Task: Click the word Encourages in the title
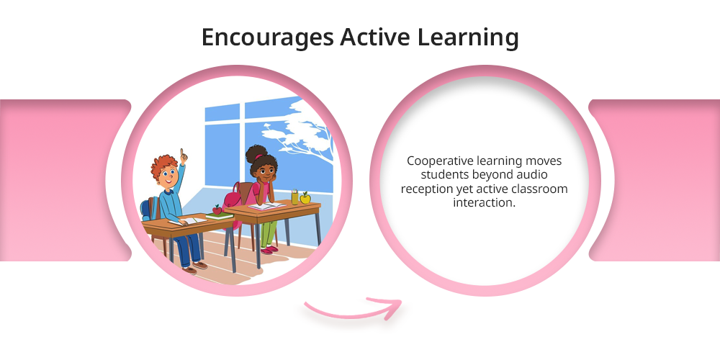coord(267,38)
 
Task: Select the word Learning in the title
coord(468,38)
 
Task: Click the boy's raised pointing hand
coord(183,156)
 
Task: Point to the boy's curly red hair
coord(164,165)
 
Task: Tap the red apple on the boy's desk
coord(217,210)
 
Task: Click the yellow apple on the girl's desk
coord(305,198)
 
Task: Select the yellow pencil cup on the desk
coord(294,197)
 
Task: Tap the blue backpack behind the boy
coord(146,209)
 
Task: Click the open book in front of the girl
coord(267,206)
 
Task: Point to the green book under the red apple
coord(220,216)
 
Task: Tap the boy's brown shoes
coord(194,268)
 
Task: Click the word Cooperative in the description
coord(440,161)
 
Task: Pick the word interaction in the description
coord(485,202)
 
